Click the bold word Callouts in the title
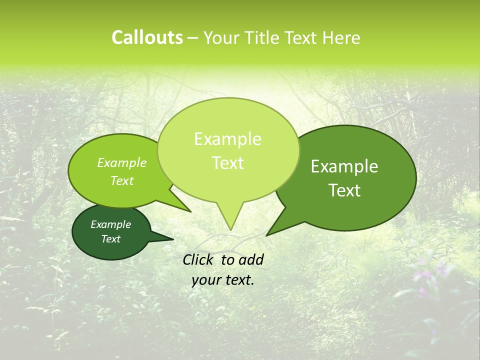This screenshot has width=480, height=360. click(x=147, y=37)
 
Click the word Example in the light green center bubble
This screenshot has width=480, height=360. click(x=227, y=139)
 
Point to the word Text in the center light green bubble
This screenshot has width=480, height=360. click(x=227, y=162)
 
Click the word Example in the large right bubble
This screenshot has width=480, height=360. click(x=344, y=166)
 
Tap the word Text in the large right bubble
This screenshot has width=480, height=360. click(x=344, y=190)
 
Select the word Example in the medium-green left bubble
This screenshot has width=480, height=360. click(x=121, y=162)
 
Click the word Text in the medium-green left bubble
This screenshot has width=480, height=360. click(x=121, y=180)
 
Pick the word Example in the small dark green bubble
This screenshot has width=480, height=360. click(x=110, y=224)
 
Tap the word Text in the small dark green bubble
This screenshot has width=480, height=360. click(x=110, y=239)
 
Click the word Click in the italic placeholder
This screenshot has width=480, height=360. click(x=198, y=259)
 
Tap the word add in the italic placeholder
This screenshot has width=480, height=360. click(x=251, y=259)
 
